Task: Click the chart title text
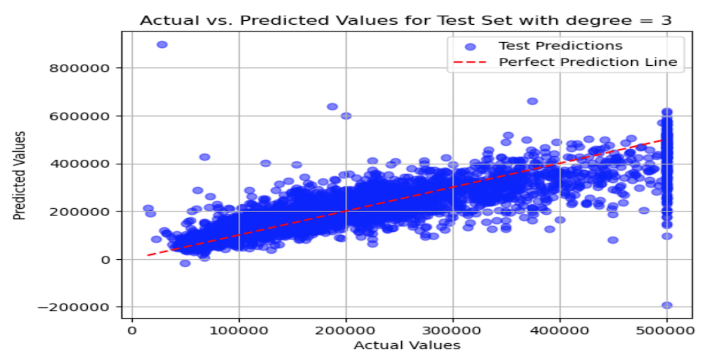[406, 20]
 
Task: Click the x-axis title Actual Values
[407, 345]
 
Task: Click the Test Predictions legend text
[560, 46]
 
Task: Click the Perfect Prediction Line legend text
[588, 62]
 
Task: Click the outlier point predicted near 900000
[162, 44]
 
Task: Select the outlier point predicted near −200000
[667, 305]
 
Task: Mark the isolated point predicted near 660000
[532, 101]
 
